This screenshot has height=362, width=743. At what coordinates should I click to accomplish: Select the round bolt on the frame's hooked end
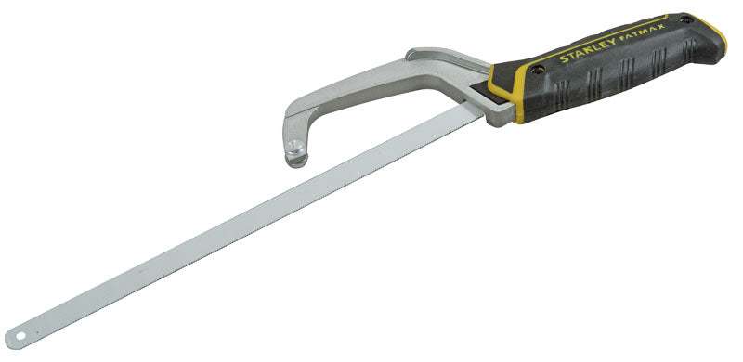pos(295,154)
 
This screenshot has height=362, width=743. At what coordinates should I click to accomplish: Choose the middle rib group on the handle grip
pos(623,65)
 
